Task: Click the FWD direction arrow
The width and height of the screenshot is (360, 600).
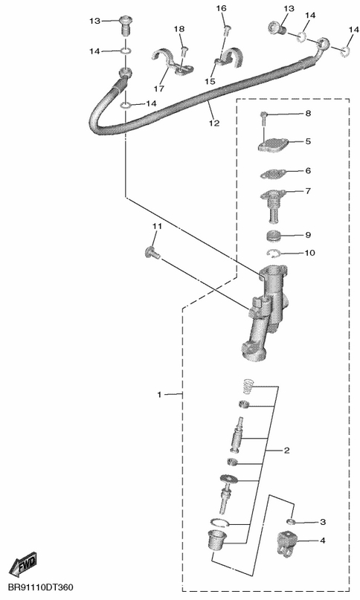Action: pyautogui.click(x=23, y=565)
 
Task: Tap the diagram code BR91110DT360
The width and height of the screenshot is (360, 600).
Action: pyautogui.click(x=41, y=587)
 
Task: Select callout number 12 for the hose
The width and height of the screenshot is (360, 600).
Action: pyautogui.click(x=214, y=123)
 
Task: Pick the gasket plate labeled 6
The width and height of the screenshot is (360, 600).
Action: pyautogui.click(x=273, y=175)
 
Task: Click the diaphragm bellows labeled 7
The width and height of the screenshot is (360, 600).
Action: pyautogui.click(x=273, y=207)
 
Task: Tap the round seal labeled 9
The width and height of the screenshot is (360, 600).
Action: pyautogui.click(x=276, y=236)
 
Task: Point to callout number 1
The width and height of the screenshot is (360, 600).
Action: pyautogui.click(x=160, y=394)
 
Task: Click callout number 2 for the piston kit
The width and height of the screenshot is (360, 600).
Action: pyautogui.click(x=286, y=451)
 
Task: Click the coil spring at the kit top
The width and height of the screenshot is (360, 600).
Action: pyautogui.click(x=250, y=386)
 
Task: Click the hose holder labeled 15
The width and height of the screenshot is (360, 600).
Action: pyautogui.click(x=228, y=58)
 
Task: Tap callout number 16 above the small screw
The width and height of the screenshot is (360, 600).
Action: pyautogui.click(x=222, y=8)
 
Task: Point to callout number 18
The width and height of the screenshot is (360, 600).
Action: pyautogui.click(x=179, y=29)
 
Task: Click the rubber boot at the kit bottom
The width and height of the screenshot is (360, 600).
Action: pyautogui.click(x=217, y=541)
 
